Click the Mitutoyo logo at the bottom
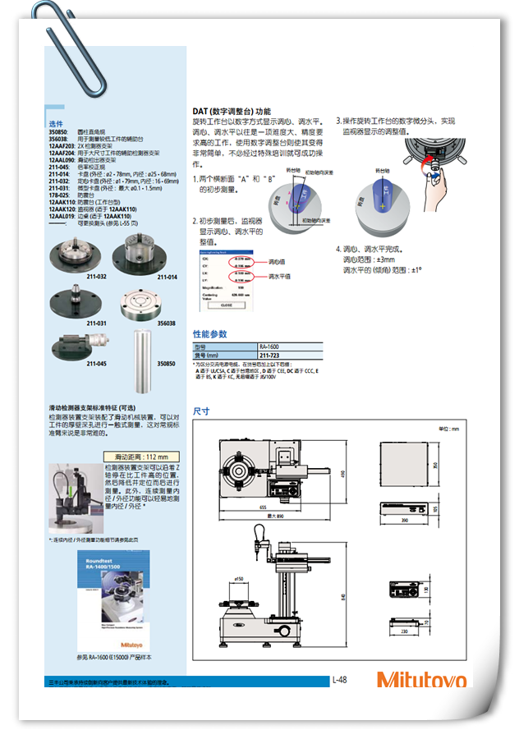tap(421, 680)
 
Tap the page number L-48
tap(340, 679)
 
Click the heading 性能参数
tap(209, 334)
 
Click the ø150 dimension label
tap(239, 579)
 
